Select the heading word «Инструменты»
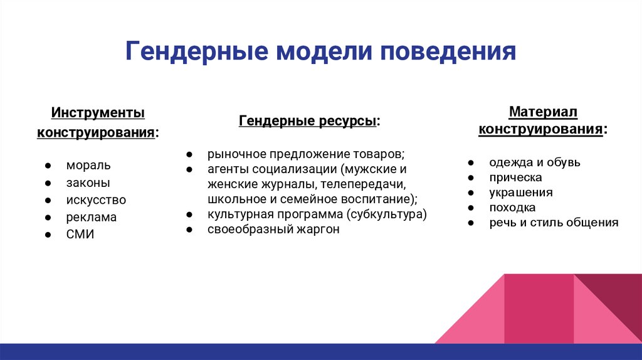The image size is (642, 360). coord(98,113)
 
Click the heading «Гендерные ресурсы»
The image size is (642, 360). coord(307,121)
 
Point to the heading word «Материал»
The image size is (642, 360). coord(543,112)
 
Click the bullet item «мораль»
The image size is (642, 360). coord(88,165)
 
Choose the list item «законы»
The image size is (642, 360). coord(88,183)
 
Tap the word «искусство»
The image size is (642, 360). coord(96,200)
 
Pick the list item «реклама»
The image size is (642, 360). coord(92,217)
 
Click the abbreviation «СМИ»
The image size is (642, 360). coord(80,235)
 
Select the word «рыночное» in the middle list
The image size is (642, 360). coord(231,154)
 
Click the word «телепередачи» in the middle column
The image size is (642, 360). coord(363,184)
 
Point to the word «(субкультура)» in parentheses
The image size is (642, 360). coord(386,214)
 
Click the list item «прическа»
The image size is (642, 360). coord(515,177)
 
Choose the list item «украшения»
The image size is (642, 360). coord(521,193)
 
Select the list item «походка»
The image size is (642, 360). coord(512,208)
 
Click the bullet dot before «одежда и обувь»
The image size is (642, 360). coord(471,162)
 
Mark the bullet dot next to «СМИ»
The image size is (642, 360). coord(48,235)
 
